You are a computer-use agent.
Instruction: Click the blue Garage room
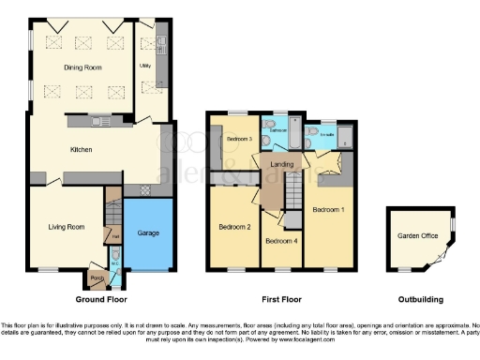(148, 232)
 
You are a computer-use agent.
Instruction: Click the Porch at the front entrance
(95, 277)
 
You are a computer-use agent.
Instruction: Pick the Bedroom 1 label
(327, 209)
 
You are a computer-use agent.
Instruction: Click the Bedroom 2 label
(233, 226)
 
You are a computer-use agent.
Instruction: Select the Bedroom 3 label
(241, 140)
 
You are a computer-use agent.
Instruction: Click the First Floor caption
(282, 300)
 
